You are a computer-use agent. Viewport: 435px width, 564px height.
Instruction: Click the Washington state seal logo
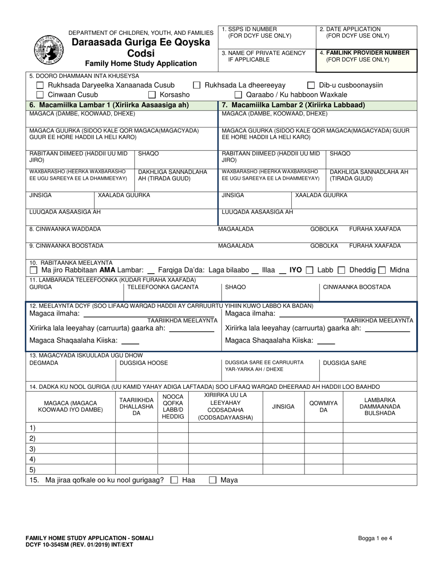48,49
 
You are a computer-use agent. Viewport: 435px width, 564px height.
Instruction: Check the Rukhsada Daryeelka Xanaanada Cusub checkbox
40,85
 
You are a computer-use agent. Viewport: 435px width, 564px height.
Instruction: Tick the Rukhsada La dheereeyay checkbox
196,85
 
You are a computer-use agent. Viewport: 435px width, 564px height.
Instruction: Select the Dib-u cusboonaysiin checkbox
311,85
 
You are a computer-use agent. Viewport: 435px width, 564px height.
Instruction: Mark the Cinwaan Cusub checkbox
40,95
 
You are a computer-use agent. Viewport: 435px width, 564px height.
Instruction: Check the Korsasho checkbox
152,95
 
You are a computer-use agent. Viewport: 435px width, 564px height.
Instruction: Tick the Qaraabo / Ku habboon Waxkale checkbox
238,95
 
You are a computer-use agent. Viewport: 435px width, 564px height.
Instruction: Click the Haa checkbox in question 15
174,481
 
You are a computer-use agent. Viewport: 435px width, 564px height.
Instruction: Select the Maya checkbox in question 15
212,481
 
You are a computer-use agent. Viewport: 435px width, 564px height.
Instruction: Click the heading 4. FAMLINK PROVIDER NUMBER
364,53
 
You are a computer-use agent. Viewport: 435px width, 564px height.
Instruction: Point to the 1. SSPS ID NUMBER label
249,29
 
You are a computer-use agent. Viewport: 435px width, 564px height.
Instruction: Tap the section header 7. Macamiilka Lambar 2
293,105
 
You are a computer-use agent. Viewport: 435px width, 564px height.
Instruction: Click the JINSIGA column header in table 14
283,407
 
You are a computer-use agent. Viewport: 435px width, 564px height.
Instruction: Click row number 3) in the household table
33,448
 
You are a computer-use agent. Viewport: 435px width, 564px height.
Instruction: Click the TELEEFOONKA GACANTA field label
163,288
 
